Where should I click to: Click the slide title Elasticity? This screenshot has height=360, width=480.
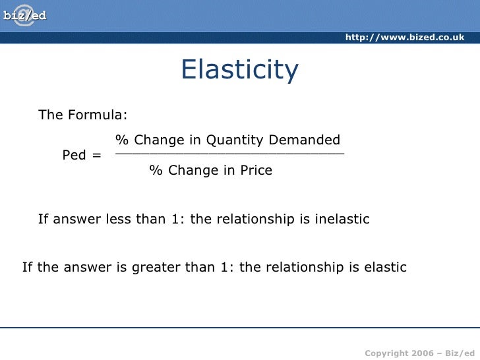pyautogui.click(x=239, y=71)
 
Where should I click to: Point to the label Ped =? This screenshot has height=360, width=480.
pyautogui.click(x=82, y=156)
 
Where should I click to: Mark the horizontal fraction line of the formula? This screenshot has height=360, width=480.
pyautogui.click(x=229, y=154)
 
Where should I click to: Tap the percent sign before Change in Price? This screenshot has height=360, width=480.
pyautogui.click(x=155, y=171)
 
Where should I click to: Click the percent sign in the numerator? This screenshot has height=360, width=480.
pyautogui.click(x=121, y=140)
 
